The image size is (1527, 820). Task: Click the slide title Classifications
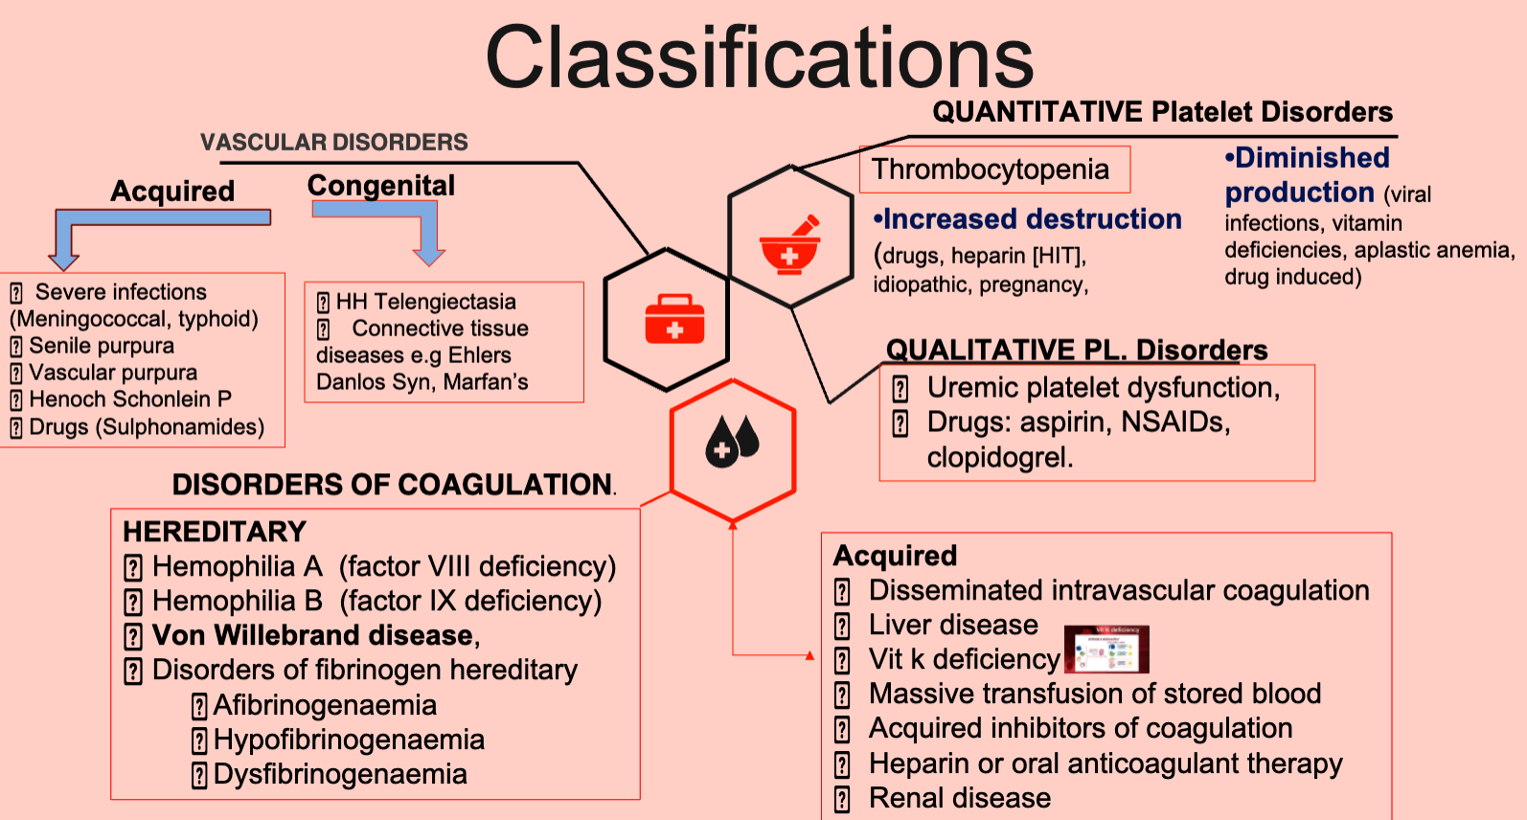tap(760, 57)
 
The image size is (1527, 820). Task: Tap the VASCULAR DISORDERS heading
tap(333, 143)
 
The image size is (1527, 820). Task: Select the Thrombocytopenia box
tap(994, 170)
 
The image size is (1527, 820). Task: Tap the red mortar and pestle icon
tap(790, 245)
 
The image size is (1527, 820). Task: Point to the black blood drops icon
tap(733, 442)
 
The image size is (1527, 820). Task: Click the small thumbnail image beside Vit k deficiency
tap(1106, 649)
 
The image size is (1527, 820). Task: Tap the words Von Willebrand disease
tap(314, 635)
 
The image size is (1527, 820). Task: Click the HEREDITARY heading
tap(215, 532)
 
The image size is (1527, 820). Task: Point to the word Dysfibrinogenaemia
tap(340, 774)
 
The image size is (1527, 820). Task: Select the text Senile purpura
tap(102, 346)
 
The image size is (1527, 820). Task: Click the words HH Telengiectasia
tap(425, 302)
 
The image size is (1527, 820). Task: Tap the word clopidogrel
tap(998, 457)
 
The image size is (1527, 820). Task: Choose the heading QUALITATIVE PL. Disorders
tap(1076, 350)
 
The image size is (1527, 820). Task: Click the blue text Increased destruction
tap(1032, 219)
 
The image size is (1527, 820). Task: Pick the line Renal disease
tap(959, 798)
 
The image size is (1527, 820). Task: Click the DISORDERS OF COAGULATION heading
tap(392, 485)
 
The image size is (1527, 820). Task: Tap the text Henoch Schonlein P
tap(130, 399)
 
